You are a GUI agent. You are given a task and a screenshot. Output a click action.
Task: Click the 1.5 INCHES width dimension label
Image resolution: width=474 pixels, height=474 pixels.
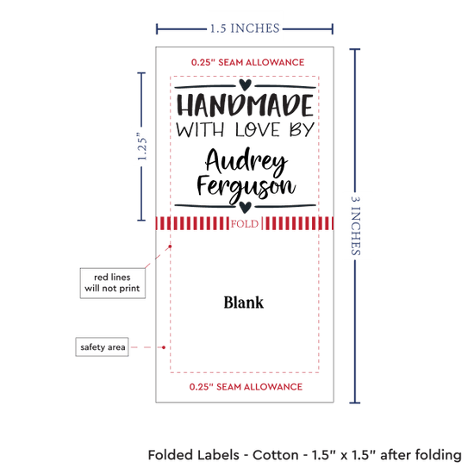click(x=245, y=28)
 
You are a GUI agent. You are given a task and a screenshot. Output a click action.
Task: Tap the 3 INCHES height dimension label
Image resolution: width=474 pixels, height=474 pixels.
click(x=356, y=226)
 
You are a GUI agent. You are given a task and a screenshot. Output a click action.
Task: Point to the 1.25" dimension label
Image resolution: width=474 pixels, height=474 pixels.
click(x=142, y=147)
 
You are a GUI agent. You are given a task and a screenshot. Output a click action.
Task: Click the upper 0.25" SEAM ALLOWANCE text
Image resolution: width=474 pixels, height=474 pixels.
click(x=247, y=62)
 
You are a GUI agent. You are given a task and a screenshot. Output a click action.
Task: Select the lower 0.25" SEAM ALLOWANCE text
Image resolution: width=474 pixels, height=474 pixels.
click(x=246, y=387)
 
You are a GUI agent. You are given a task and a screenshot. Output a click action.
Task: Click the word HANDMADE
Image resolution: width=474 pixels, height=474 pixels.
click(x=245, y=105)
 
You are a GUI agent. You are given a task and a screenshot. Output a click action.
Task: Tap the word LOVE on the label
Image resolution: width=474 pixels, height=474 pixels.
click(x=258, y=130)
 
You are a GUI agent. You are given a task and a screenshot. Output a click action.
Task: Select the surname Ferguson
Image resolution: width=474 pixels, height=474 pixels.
click(x=246, y=187)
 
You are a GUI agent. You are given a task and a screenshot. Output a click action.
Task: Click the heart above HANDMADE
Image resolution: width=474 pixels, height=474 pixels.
click(x=245, y=84)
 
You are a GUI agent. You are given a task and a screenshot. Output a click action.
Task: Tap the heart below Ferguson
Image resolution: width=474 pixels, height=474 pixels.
click(x=245, y=207)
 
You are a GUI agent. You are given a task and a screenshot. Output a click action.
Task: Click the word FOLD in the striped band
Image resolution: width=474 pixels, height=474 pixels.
click(x=245, y=224)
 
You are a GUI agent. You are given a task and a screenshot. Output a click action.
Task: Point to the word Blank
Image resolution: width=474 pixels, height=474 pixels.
click(x=243, y=302)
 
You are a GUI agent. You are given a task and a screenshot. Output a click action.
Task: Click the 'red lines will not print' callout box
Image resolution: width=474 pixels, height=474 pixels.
click(x=112, y=283)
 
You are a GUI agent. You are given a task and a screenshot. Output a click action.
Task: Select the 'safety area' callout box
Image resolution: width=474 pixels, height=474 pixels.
click(x=103, y=346)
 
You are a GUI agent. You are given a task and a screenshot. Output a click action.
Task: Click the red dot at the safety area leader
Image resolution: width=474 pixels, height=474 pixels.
click(x=164, y=347)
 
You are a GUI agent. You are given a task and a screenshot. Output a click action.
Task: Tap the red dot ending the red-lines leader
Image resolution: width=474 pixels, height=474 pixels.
click(x=170, y=246)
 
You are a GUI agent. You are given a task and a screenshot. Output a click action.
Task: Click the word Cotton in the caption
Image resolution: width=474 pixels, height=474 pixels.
click(x=276, y=455)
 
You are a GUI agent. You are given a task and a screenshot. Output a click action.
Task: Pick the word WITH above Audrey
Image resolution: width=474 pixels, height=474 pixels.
click(x=200, y=130)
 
